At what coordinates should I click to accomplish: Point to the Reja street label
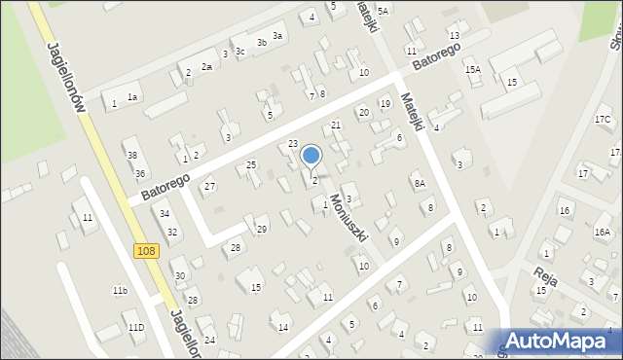[545, 274]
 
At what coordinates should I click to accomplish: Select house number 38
[132, 156]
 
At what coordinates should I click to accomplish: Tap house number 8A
[420, 183]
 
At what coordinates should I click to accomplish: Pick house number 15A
[473, 70]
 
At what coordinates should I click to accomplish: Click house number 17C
[603, 119]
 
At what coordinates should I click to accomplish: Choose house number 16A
[603, 232]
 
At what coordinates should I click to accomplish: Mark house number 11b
[120, 291]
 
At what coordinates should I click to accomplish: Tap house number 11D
[135, 327]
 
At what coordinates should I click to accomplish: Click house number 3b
[261, 43]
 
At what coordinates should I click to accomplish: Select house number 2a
[206, 66]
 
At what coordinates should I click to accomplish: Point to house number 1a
[133, 97]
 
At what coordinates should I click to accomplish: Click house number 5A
[384, 11]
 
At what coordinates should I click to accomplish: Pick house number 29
[261, 229]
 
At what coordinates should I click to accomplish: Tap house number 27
[209, 186]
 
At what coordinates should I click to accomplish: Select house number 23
[293, 144]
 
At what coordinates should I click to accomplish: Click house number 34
[165, 214]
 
